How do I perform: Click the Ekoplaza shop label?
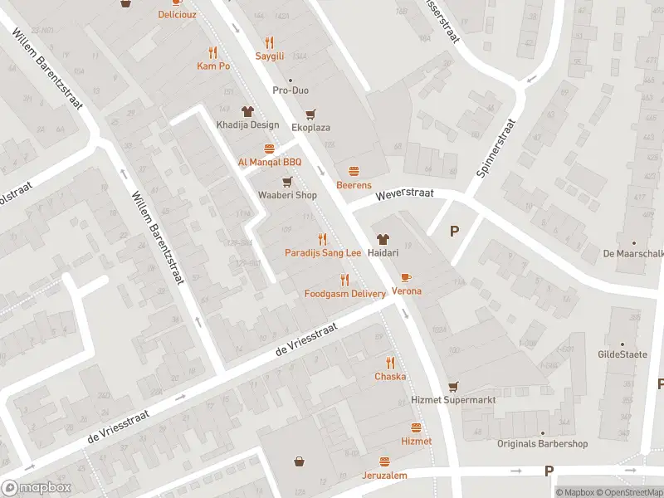point(311,128)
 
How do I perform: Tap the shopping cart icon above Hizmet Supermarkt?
point(453,386)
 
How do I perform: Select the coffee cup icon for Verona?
point(406,277)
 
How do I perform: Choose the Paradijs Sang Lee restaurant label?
point(323,252)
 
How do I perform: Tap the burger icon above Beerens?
point(354,171)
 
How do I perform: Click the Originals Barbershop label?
point(542,444)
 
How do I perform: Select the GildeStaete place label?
point(622,354)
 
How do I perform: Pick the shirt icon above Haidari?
point(383,238)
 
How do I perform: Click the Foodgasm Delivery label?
point(344,294)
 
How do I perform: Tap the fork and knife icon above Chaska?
point(390,363)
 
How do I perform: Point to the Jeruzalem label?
point(384,476)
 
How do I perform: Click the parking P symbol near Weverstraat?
point(454,232)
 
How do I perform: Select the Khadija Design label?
point(247,125)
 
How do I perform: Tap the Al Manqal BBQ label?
point(269,162)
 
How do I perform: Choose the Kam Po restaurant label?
point(212,66)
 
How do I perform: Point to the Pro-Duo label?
point(290,90)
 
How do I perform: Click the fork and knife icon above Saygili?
point(269,42)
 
